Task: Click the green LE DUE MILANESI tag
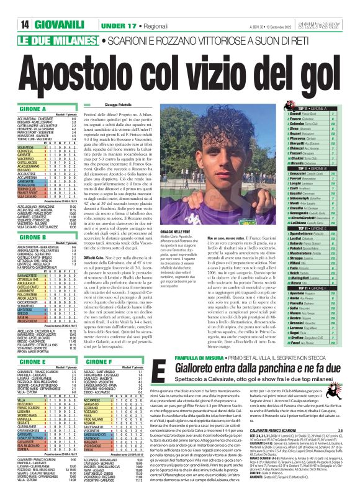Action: pos(41,20)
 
